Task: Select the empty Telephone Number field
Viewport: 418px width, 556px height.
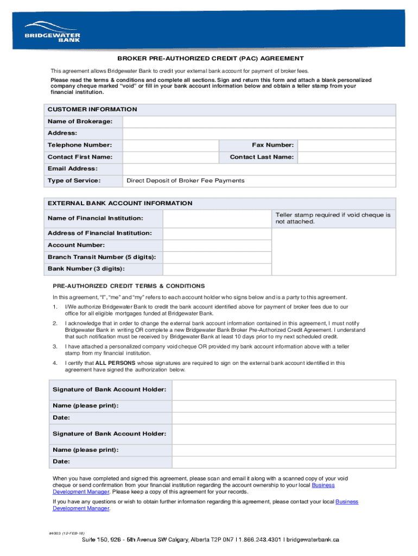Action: (x=170, y=145)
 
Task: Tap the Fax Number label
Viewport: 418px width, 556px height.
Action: (x=273, y=145)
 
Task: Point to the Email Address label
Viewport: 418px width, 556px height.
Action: (x=73, y=169)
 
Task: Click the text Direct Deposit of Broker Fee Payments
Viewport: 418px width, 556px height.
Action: (x=185, y=181)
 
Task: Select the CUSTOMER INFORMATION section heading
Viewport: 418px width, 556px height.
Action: (x=92, y=109)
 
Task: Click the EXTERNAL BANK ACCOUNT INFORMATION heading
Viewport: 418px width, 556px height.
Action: (x=120, y=203)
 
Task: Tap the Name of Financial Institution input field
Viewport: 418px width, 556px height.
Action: (x=217, y=218)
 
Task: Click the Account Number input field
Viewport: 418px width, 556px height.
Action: (x=217, y=245)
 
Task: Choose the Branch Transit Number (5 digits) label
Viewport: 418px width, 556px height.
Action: (x=102, y=257)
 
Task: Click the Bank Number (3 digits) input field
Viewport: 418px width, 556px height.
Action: (x=217, y=269)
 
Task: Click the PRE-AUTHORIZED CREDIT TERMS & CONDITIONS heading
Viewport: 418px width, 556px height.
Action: (x=129, y=286)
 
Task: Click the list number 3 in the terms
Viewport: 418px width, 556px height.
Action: (x=55, y=346)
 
